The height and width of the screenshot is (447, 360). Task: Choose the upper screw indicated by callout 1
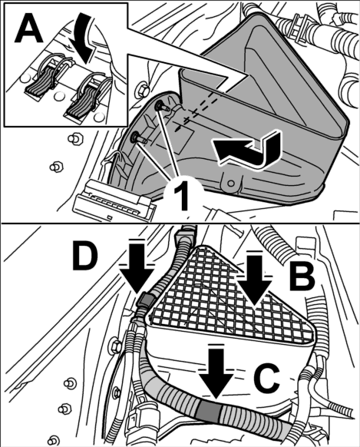(161, 108)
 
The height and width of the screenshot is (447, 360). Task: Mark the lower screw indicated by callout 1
(138, 139)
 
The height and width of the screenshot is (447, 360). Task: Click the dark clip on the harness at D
(146, 300)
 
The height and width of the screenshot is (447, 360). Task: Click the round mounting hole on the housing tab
(231, 183)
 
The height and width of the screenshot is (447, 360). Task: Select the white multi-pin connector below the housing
(114, 202)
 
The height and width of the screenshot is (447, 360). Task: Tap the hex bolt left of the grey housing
(143, 90)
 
